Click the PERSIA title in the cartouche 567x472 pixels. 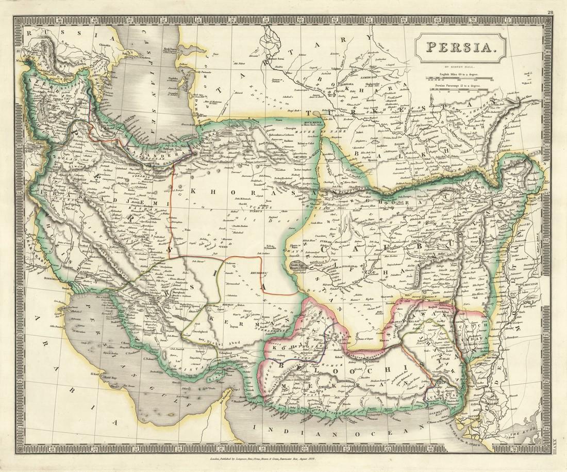coord(460,48)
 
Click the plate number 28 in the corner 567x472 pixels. coord(551,12)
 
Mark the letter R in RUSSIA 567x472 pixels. coord(29,33)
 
